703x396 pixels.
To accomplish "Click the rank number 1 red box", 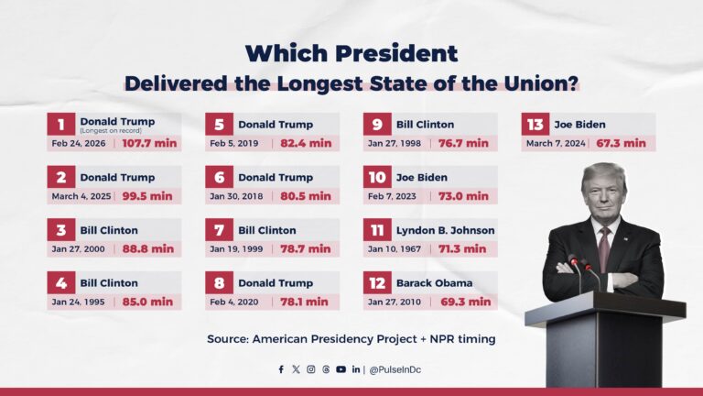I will coord(61,124).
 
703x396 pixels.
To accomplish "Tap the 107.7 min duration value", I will coord(148,143).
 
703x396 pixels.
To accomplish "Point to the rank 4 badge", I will coord(61,282).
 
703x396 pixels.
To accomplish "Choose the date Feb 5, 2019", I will coord(233,143).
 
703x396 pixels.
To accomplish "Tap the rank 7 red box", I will coord(220,229).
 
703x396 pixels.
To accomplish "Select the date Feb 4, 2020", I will coord(233,301).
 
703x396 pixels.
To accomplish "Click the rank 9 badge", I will coord(377,124).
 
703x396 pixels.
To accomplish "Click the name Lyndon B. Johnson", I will coord(445,230).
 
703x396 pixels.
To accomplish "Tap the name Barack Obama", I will coord(432,283).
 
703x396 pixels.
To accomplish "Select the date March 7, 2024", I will coord(557,143).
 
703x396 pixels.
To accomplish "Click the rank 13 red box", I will coord(535,124).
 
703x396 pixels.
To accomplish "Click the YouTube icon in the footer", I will coord(341,369).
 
